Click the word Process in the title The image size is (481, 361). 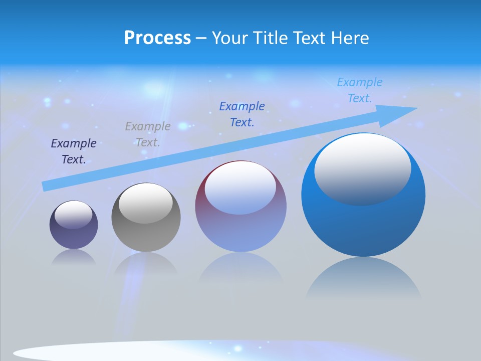tap(157, 38)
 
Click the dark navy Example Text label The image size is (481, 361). tap(74, 151)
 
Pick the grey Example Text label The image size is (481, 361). tap(148, 134)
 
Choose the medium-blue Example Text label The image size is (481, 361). tap(242, 114)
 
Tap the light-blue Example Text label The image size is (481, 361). tap(360, 90)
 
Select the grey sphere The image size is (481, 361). tap(146, 236)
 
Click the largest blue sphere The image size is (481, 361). tap(363, 226)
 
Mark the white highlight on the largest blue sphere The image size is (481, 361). tap(363, 168)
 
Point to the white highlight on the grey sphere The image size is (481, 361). tap(146, 203)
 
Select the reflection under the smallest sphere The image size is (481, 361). tap(74, 258)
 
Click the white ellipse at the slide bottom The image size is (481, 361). tap(100, 352)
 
